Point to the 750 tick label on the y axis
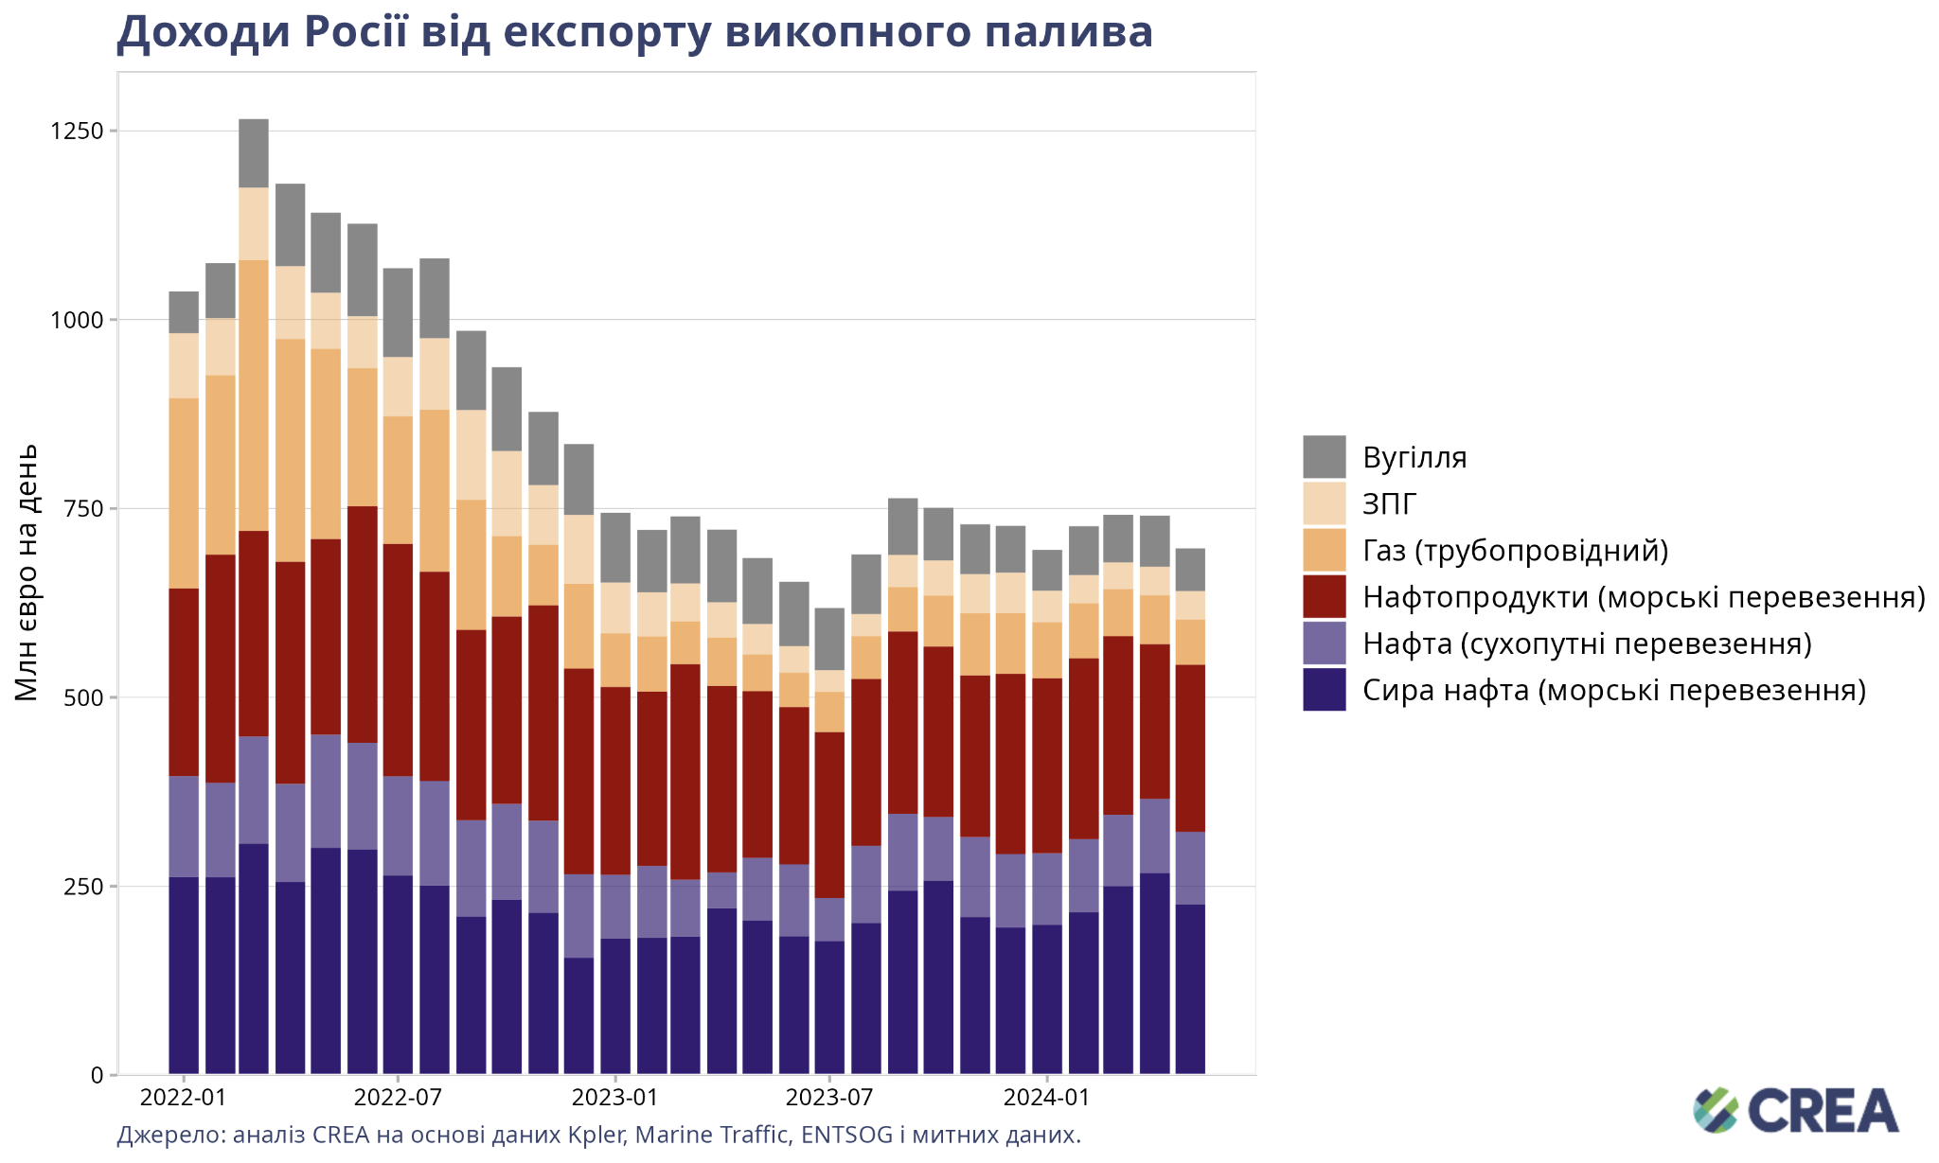click(x=84, y=508)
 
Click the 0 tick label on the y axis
click(x=98, y=1075)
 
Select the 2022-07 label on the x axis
click(x=398, y=1099)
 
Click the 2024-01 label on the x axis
click(x=1047, y=1099)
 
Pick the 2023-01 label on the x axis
click(x=614, y=1099)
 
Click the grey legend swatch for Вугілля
click(x=1324, y=457)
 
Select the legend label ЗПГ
click(x=1390, y=504)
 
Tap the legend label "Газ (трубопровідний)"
click(x=1515, y=551)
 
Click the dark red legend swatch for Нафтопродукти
click(x=1324, y=597)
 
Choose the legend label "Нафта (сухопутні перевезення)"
click(x=1587, y=643)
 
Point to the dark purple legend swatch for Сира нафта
click(x=1324, y=690)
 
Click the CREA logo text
click(x=1823, y=1111)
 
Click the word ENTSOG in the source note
click(x=846, y=1135)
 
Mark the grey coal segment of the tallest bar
click(x=254, y=153)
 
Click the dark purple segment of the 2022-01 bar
click(x=184, y=976)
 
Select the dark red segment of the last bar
click(x=1190, y=749)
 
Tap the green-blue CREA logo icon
click(x=1716, y=1110)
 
